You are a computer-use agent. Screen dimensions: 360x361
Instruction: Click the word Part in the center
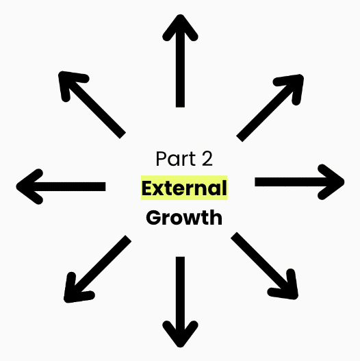176,158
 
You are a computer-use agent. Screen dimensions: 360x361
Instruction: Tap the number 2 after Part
207,158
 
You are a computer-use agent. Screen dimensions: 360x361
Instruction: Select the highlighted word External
184,188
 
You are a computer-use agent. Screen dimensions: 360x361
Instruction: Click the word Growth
184,217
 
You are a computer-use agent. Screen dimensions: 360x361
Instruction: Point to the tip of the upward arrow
180,15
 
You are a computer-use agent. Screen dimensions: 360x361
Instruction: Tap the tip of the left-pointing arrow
16,186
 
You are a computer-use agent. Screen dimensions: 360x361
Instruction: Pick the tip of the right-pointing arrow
344,182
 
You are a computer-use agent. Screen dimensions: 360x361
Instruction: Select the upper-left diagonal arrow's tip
59,72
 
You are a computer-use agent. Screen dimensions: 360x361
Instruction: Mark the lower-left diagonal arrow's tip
64,302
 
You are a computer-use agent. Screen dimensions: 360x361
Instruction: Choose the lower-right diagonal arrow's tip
298,299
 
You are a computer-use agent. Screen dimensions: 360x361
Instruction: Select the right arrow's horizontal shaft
294,182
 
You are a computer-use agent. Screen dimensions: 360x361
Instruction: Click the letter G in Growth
153,218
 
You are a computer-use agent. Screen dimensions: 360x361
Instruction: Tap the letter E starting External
148,188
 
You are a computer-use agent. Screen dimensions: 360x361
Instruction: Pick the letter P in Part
162,158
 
